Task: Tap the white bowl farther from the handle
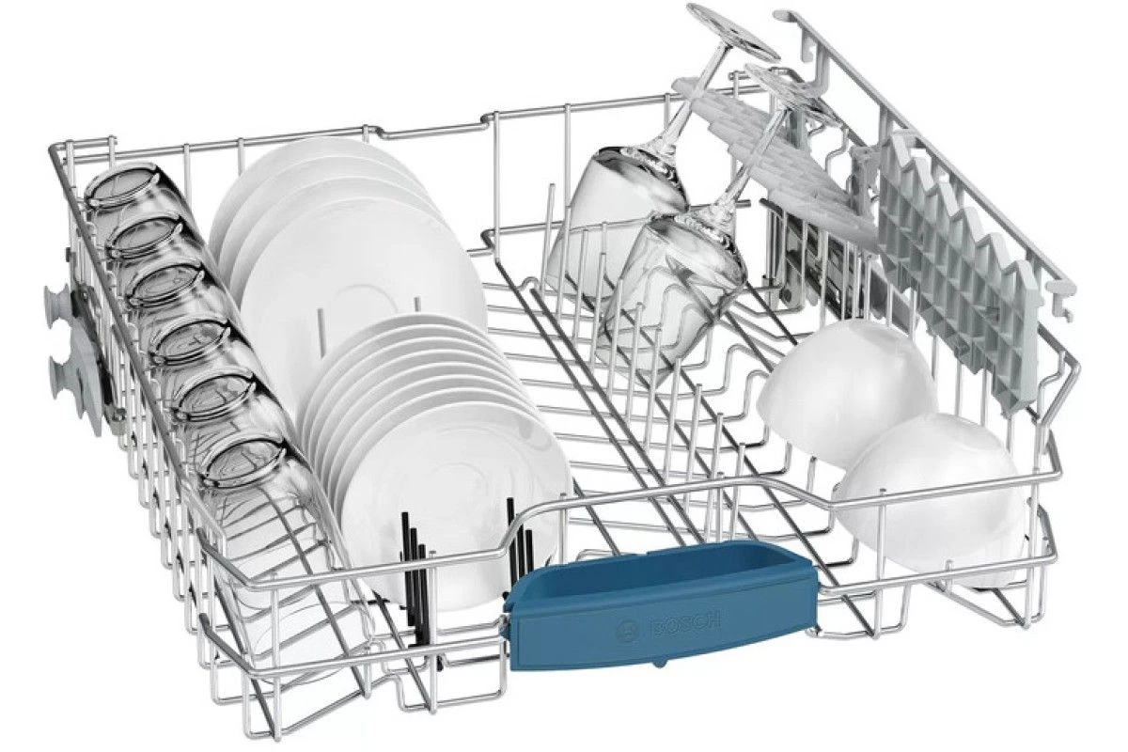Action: (x=846, y=392)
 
